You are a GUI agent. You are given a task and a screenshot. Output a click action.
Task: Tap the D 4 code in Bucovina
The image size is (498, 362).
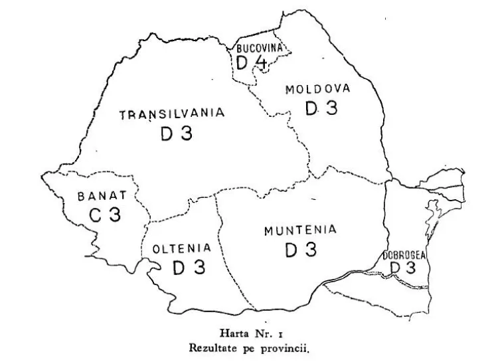[x=252, y=62]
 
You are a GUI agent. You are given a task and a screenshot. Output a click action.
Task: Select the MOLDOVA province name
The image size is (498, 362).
[x=317, y=89]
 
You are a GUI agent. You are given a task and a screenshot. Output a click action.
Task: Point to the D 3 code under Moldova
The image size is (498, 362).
[x=321, y=108]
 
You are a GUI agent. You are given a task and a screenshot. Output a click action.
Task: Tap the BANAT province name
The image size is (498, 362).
[x=102, y=196]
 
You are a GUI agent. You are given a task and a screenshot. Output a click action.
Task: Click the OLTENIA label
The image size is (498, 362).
[x=181, y=248]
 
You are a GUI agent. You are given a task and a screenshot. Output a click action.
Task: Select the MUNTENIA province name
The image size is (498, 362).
[x=300, y=230]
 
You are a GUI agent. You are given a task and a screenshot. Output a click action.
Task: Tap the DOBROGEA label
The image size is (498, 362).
[x=404, y=254]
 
